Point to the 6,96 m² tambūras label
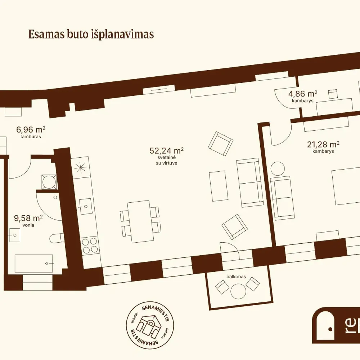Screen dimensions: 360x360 [x=31, y=132]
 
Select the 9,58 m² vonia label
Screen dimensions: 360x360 [x=28, y=221]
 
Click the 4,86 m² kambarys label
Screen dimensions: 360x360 [x=303, y=96]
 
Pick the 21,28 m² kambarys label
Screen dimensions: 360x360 [x=323, y=147]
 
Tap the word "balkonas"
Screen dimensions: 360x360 [x=236, y=276]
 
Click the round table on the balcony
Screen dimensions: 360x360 [x=238, y=291]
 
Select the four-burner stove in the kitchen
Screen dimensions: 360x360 [x=90, y=245]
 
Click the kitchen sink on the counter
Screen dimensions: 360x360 [x=85, y=206]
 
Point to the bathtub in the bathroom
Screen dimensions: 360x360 [x=34, y=264]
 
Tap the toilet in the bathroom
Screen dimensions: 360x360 [x=57, y=238]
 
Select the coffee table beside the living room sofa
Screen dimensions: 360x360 [x=219, y=186]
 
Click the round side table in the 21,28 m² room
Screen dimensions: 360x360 [x=278, y=168]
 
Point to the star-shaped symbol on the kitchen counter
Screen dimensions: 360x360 [x=81, y=167]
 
